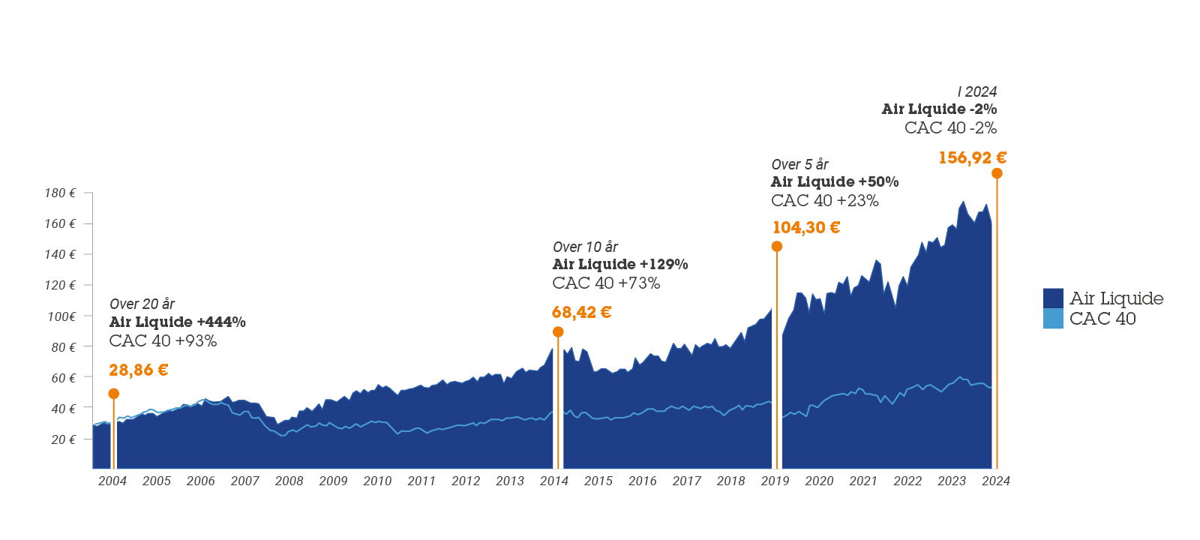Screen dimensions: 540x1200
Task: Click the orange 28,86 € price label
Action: click(138, 370)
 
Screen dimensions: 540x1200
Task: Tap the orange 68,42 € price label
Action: click(581, 312)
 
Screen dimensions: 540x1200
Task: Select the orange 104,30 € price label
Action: click(806, 227)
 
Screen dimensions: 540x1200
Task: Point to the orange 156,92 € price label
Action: click(972, 157)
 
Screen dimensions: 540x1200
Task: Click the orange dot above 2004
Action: click(114, 394)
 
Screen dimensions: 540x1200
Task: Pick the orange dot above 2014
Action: click(558, 332)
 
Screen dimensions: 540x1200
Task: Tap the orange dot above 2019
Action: click(777, 247)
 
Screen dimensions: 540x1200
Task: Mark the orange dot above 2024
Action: click(997, 173)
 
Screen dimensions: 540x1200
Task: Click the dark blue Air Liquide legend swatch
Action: click(1053, 298)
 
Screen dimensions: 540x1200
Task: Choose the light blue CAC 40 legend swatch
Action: click(1053, 319)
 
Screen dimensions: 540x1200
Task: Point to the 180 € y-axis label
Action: click(60, 193)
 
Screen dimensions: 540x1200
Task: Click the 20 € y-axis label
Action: click(63, 439)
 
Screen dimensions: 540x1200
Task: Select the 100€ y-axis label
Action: click(61, 316)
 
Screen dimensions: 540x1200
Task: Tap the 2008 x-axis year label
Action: click(289, 481)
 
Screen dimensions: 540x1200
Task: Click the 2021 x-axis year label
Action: click(863, 481)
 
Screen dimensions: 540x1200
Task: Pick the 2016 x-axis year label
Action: click(642, 481)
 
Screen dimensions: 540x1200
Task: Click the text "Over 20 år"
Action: click(142, 304)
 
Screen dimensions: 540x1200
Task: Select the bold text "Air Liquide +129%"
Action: click(620, 264)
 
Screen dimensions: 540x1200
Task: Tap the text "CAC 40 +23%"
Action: click(824, 200)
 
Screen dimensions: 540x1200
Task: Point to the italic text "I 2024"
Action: click(976, 91)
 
